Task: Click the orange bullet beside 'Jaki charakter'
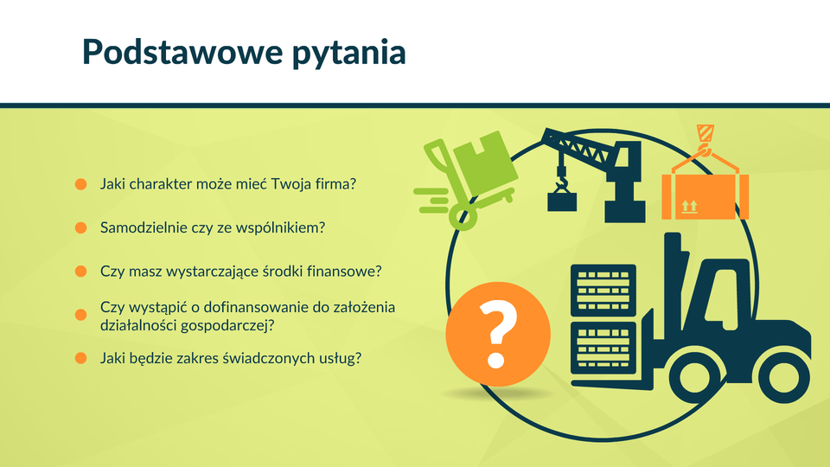[x=80, y=183]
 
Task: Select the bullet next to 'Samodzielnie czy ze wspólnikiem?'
[x=80, y=227]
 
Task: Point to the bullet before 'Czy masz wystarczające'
[x=80, y=271]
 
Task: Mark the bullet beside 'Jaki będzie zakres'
[x=80, y=358]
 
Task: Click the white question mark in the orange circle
[x=497, y=334]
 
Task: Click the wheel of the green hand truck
[x=463, y=216]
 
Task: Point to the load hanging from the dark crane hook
[x=562, y=202]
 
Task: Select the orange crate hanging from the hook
[x=705, y=196]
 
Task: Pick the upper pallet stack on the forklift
[x=603, y=291]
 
